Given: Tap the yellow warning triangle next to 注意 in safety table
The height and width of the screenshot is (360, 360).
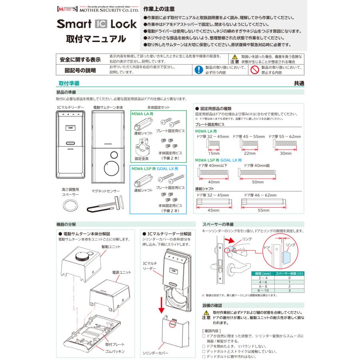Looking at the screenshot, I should pos(235,57).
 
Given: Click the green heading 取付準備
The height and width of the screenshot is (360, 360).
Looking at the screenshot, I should pos(69,83).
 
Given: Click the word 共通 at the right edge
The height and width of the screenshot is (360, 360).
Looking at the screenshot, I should pos(298,83).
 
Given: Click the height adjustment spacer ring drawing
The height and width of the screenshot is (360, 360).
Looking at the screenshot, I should pos(70,206).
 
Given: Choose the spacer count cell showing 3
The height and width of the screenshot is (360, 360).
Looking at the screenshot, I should pos(289,291).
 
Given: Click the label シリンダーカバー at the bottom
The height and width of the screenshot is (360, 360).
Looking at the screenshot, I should pos(155,354).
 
